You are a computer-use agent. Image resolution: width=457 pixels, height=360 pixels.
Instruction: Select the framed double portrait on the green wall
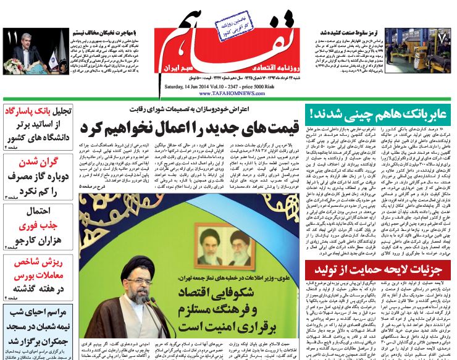tap(228, 245)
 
